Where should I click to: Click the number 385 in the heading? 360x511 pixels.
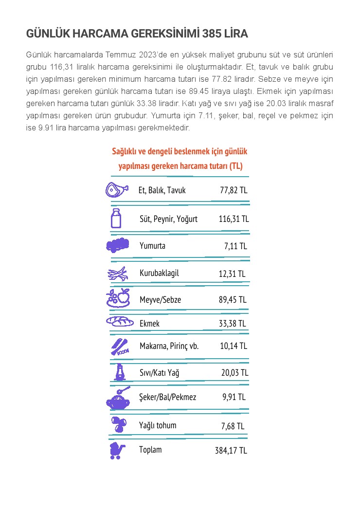(x=212, y=34)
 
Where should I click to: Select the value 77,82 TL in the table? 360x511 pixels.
(x=234, y=190)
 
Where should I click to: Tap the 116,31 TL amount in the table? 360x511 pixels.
(x=234, y=219)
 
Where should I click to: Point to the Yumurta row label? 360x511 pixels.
(x=152, y=246)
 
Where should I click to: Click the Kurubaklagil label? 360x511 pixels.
(x=159, y=273)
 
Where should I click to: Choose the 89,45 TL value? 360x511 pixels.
(x=233, y=300)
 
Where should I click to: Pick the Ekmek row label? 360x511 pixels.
(x=149, y=323)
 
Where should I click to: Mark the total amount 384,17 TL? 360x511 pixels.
(x=231, y=451)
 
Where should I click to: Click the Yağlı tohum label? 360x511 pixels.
(x=158, y=426)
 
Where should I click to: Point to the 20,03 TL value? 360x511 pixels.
(x=234, y=373)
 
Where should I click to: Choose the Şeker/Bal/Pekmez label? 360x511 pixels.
(x=168, y=398)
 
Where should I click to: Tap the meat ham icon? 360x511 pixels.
(x=117, y=189)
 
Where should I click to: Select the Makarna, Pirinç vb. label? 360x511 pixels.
(x=169, y=347)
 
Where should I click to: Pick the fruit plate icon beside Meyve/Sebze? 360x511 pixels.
(x=118, y=298)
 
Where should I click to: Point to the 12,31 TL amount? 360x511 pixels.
(x=232, y=274)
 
